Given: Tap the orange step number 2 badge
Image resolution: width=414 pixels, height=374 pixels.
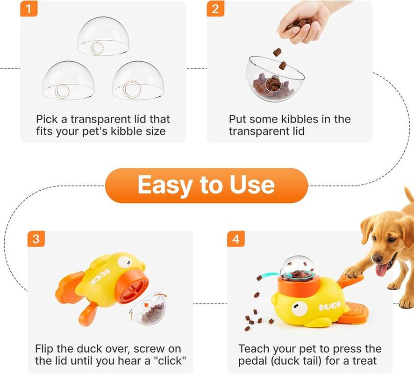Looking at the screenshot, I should [x=215, y=9].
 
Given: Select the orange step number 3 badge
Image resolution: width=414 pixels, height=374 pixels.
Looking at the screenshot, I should [x=36, y=239].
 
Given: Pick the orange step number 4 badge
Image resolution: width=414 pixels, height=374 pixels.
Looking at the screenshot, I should [x=236, y=239].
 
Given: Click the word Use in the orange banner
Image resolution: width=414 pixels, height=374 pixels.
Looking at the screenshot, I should [x=251, y=186].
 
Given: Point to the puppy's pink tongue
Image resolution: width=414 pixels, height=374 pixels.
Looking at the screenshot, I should [x=382, y=270].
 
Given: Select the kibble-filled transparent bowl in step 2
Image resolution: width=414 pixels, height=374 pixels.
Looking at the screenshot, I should [x=273, y=79].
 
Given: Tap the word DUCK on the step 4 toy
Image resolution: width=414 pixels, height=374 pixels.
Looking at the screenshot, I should [x=330, y=307].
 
